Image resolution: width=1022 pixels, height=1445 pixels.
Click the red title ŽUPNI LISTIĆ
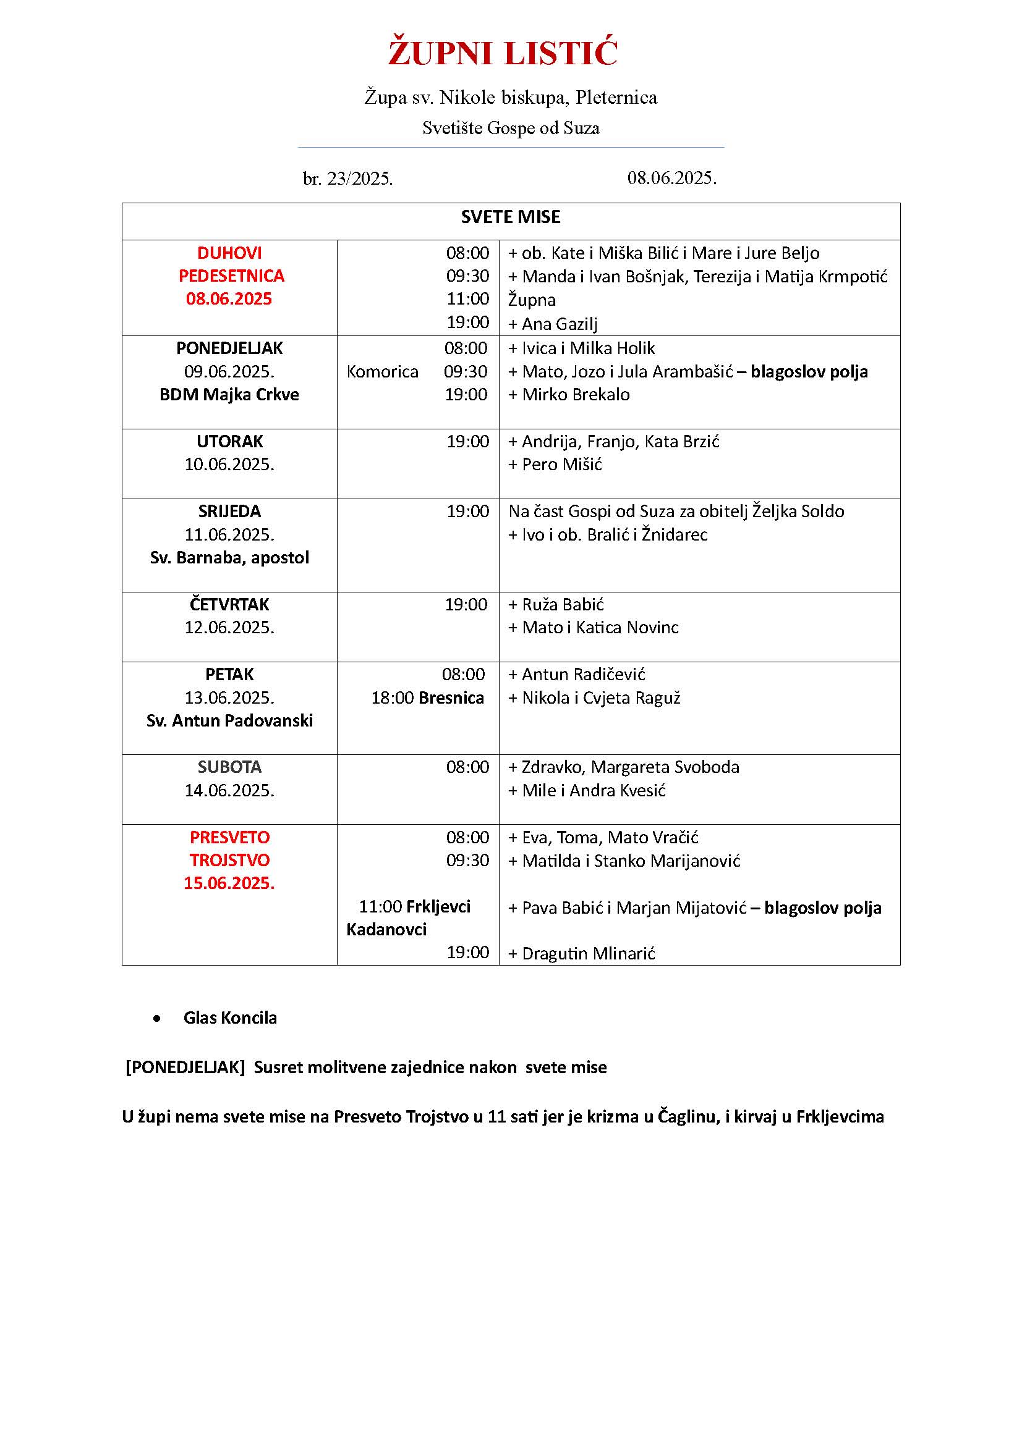pyautogui.click(x=503, y=53)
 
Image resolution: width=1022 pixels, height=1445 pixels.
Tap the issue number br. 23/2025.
pyautogui.click(x=347, y=179)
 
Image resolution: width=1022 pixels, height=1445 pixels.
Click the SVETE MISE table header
pyautogui.click(x=510, y=217)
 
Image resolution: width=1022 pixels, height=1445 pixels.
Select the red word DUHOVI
pyautogui.click(x=229, y=253)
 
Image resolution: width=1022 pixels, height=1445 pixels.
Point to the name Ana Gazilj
pyautogui.click(x=559, y=324)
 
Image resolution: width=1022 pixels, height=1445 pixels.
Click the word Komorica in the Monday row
pyautogui.click(x=382, y=372)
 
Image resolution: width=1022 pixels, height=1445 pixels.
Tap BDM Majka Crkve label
pyautogui.click(x=229, y=395)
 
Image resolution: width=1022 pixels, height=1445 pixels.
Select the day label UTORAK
pyautogui.click(x=229, y=442)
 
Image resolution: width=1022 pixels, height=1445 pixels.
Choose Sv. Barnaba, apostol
pyautogui.click(x=229, y=558)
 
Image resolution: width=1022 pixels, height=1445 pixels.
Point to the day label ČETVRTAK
pyautogui.click(x=229, y=605)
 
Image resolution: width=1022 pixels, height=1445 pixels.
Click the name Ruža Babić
pyautogui.click(x=563, y=605)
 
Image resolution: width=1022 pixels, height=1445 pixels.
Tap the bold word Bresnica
pyautogui.click(x=451, y=698)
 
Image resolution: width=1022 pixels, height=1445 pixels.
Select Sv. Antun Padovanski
pyautogui.click(x=229, y=720)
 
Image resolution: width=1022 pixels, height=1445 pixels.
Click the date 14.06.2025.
pyautogui.click(x=229, y=791)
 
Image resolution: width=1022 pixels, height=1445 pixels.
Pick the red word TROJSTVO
pyautogui.click(x=229, y=861)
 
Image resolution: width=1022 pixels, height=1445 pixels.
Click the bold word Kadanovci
pyautogui.click(x=386, y=930)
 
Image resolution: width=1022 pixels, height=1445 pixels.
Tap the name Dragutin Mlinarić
pyautogui.click(x=589, y=953)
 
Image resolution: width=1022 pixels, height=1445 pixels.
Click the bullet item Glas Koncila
pyautogui.click(x=230, y=1017)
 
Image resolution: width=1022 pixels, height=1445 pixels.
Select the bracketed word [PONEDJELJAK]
pyautogui.click(x=185, y=1068)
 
